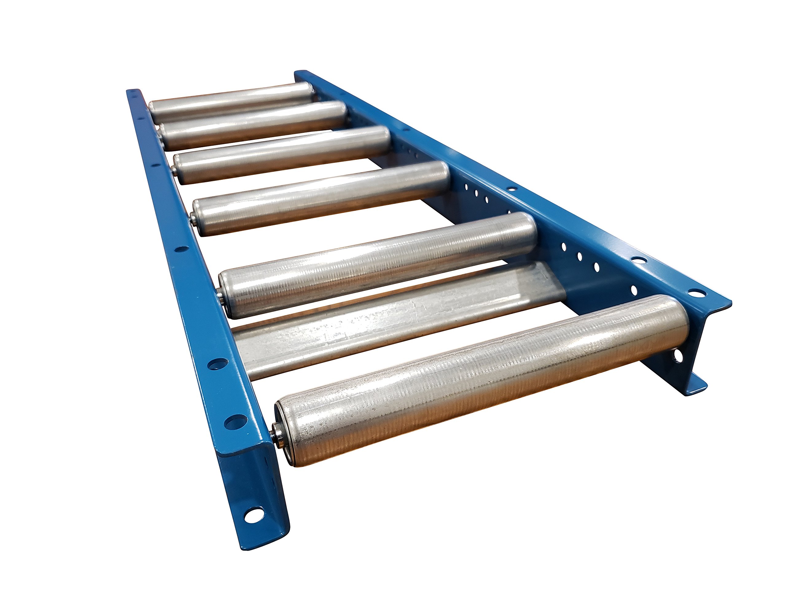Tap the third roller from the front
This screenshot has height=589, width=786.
pos(377,264)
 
